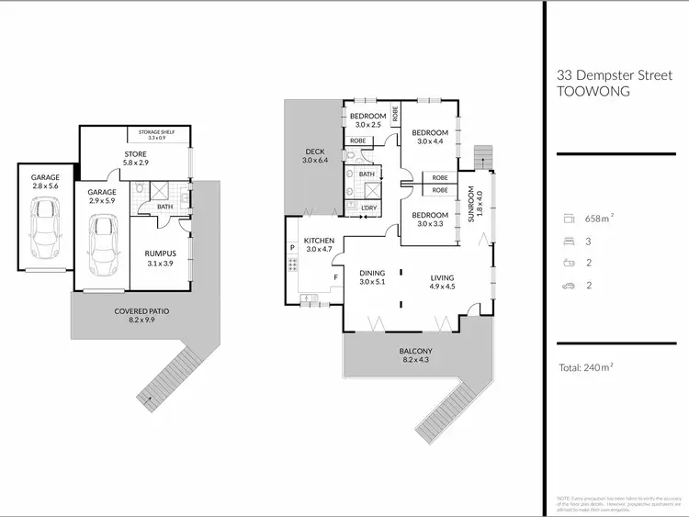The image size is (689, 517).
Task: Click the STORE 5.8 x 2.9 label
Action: [135, 158]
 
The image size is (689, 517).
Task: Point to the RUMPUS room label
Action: [160, 257]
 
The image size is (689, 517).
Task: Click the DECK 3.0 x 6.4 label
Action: [314, 156]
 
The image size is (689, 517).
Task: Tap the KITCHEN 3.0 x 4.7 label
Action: [319, 245]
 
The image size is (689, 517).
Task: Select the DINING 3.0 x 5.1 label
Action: [372, 277]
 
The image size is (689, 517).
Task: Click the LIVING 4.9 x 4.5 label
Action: [442, 281]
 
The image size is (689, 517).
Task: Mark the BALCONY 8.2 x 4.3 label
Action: [416, 355]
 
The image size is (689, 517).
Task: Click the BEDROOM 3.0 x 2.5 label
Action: [367, 119]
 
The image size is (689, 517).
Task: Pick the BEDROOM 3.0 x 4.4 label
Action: [429, 137]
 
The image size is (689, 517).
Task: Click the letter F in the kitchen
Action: [335, 276]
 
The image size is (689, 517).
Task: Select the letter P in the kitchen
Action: [292, 247]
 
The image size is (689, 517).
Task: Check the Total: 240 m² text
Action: [585, 368]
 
